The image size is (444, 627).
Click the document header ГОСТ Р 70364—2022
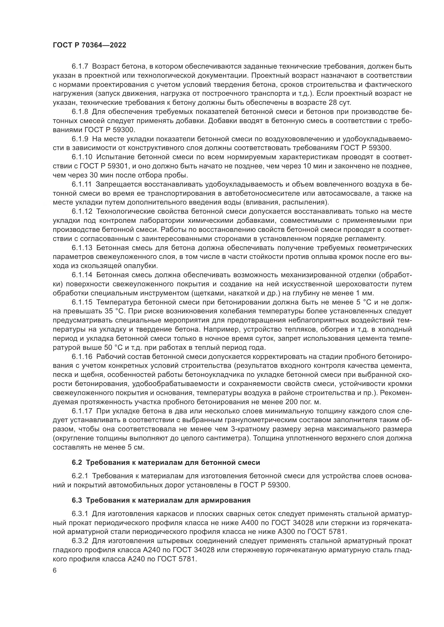89,45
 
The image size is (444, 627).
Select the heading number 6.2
77,462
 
